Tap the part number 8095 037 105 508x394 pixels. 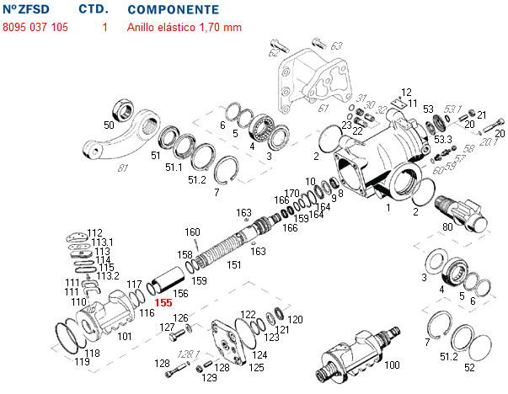[35, 27]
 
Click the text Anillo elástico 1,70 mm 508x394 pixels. [184, 27]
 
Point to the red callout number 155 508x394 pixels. [163, 302]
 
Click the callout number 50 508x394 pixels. [109, 125]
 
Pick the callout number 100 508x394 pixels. [391, 365]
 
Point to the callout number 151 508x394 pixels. [234, 264]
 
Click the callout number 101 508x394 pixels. [125, 337]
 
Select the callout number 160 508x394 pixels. [192, 232]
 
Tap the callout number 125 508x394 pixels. [256, 367]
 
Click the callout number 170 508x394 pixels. [292, 194]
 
